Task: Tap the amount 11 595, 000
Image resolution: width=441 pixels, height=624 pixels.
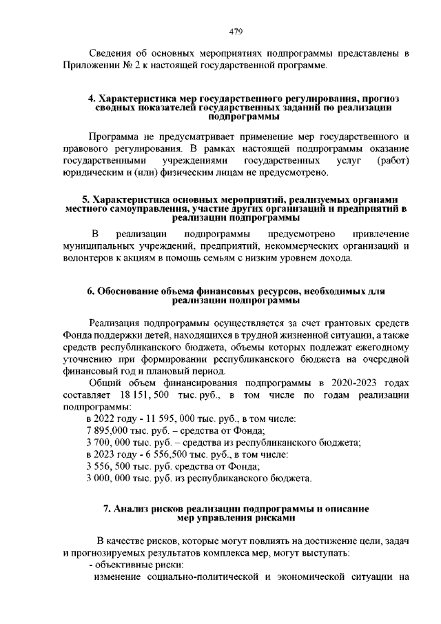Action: tap(161, 419)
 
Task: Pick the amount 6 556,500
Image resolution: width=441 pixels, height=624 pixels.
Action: tap(163, 454)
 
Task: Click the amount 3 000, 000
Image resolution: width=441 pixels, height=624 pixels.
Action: tap(112, 478)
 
